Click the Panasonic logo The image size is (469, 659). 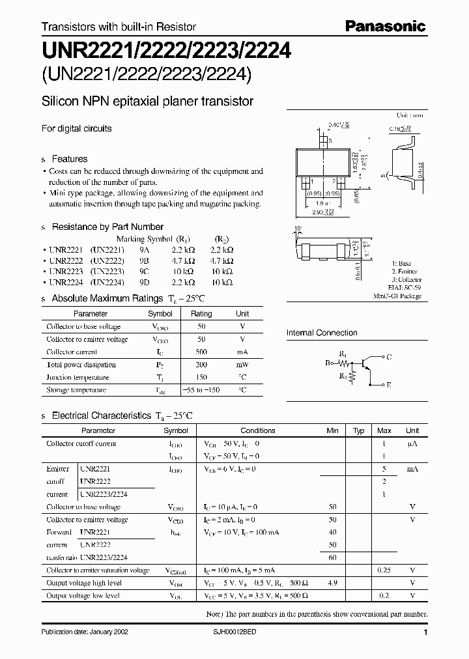[x=385, y=27]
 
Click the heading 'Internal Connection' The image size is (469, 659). [x=322, y=333]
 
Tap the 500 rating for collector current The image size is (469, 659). [x=201, y=352]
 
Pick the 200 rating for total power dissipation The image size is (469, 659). [x=201, y=365]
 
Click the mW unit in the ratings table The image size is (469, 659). [x=242, y=365]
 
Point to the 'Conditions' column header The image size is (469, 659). [x=258, y=430]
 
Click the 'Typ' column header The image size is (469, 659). [x=358, y=430]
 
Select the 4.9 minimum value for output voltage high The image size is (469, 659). [x=332, y=583]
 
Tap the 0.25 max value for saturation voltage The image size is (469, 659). [x=384, y=570]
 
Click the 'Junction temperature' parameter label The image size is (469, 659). [x=77, y=377]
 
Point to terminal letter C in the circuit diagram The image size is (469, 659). [x=389, y=356]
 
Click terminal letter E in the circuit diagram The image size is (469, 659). [x=389, y=386]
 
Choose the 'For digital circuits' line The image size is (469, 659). [x=77, y=128]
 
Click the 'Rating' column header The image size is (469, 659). [x=201, y=313]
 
